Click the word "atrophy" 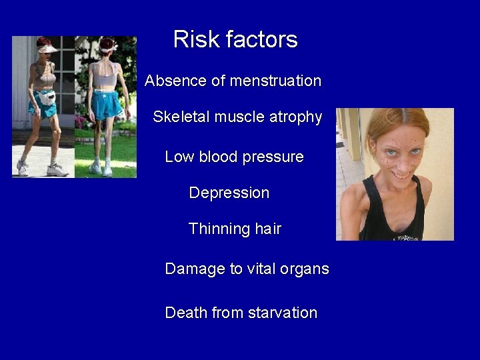pos(295,118)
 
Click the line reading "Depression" pos(229,193)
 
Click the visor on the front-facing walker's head pos(46,48)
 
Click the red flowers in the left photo pos(82,121)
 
